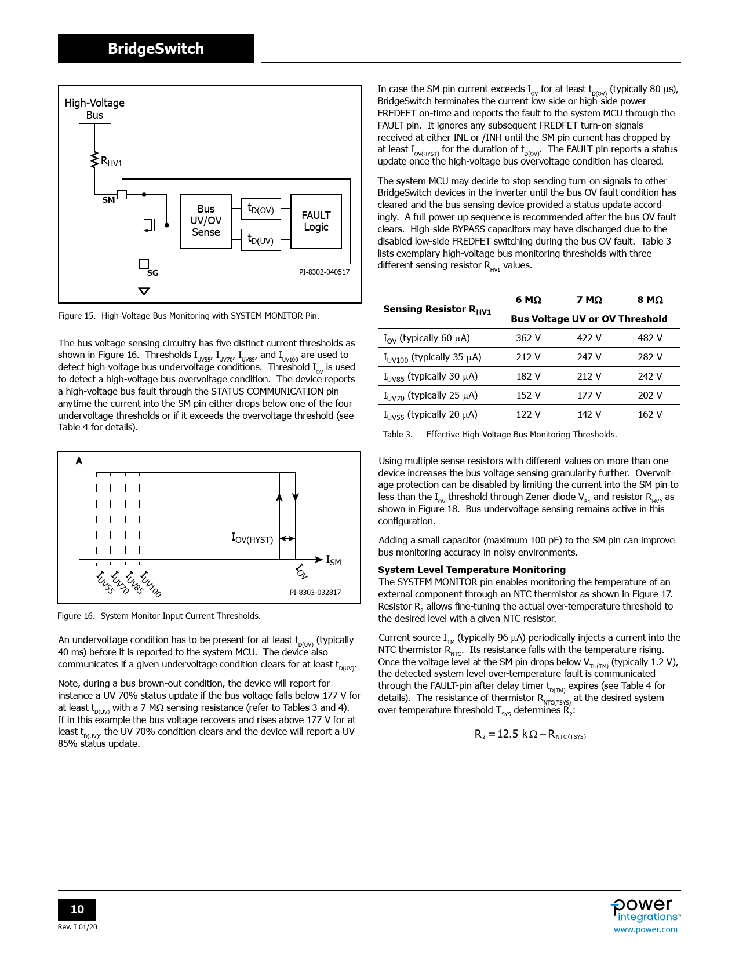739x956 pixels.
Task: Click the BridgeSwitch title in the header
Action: (155, 49)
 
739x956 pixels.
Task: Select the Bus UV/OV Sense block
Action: (206, 221)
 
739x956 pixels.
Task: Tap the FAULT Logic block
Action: (316, 221)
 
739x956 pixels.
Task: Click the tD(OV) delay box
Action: (261, 209)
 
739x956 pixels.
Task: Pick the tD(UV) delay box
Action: (261, 239)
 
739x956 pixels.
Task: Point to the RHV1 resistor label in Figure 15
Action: (111, 162)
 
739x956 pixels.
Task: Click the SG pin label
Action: (152, 273)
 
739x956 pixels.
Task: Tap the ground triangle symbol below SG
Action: (144, 291)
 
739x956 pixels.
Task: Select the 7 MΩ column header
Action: (589, 300)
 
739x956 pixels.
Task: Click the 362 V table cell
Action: (528, 338)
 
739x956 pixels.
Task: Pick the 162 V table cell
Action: (650, 414)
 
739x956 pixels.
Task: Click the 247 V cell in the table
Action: (589, 357)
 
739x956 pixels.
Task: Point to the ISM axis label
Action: (333, 560)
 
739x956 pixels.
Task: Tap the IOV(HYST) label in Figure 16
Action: (252, 538)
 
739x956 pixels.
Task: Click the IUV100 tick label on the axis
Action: (150, 583)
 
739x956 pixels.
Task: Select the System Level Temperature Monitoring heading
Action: (472, 570)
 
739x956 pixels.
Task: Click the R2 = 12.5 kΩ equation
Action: (530, 734)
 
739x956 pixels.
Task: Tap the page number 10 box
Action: (77, 909)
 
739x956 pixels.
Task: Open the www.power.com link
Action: (645, 929)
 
